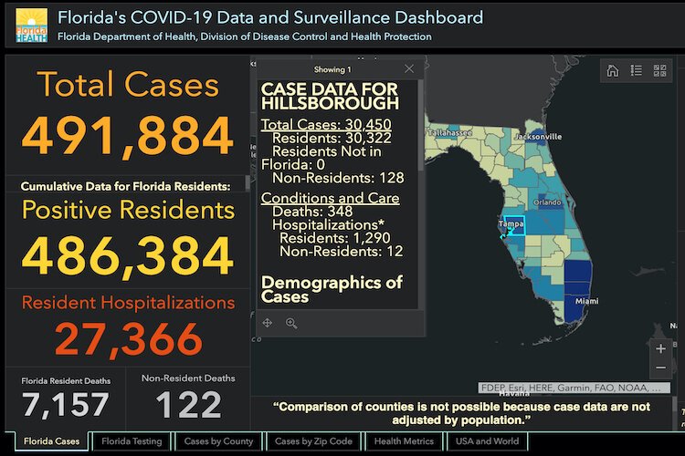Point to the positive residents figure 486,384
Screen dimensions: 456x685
point(128,256)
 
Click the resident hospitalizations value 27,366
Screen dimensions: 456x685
point(128,339)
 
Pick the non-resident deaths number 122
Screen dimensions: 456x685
point(188,404)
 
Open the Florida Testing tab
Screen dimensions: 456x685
point(132,441)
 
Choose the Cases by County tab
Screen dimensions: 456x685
point(218,441)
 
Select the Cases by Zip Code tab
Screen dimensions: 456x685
point(313,441)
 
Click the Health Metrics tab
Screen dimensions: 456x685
point(404,441)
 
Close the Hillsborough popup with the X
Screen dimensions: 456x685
point(409,68)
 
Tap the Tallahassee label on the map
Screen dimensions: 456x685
point(448,132)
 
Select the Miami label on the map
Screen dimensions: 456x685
point(586,300)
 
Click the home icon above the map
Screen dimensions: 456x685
point(613,70)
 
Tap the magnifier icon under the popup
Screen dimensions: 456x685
point(292,323)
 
